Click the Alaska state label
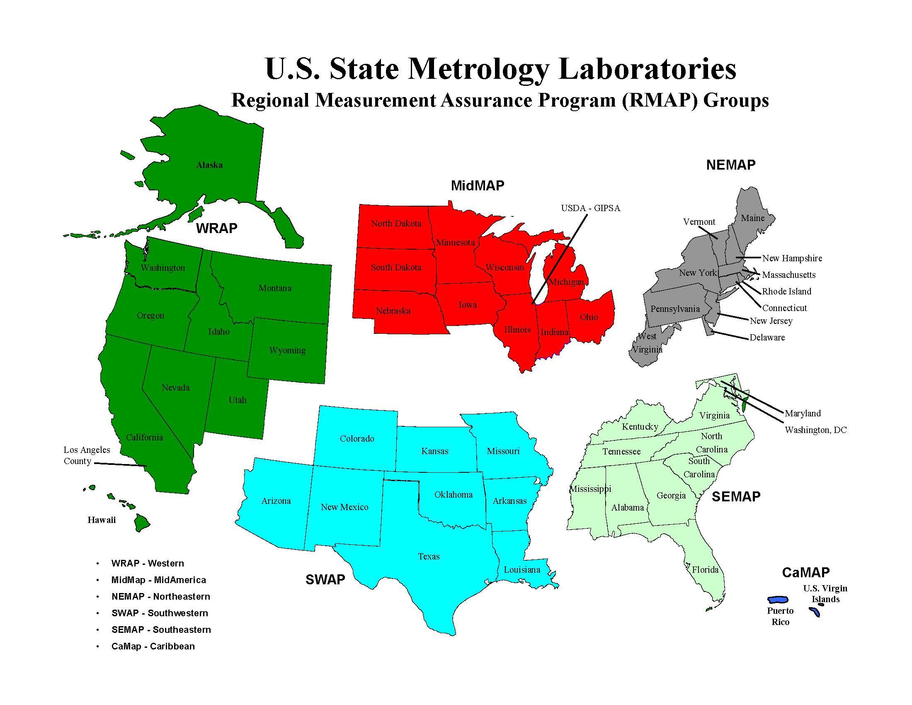click(209, 165)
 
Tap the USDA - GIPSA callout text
click(590, 208)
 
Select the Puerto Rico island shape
click(778, 600)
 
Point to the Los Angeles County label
click(87, 455)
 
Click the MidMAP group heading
click(477, 185)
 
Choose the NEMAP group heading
click(731, 165)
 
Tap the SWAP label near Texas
click(325, 580)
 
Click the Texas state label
click(429, 556)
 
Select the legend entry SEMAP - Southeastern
click(161, 630)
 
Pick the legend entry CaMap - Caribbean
click(153, 646)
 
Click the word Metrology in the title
click(478, 68)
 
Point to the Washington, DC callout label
click(815, 430)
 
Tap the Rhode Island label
click(786, 292)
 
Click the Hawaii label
click(102, 520)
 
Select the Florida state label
click(705, 570)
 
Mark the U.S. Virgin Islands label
click(825, 593)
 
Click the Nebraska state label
click(393, 311)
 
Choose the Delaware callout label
click(767, 338)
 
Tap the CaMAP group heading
click(805, 572)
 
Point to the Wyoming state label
click(287, 350)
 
